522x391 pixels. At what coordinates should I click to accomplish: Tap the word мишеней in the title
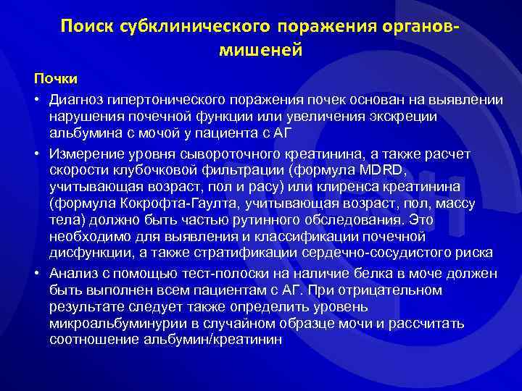tap(260, 51)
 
